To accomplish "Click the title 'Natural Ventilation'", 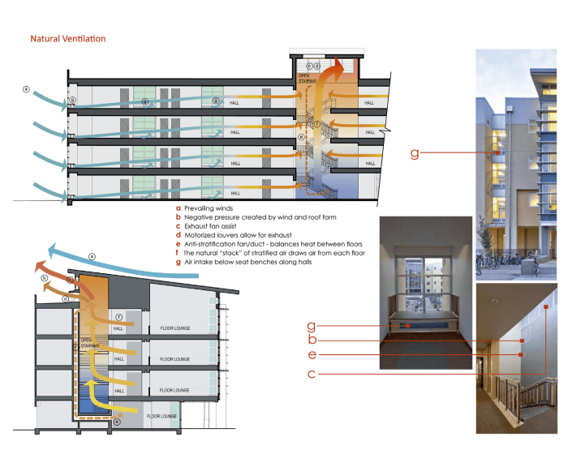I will [x=67, y=38].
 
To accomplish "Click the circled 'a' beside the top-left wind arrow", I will [x=27, y=89].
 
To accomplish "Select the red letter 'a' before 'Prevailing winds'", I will [x=178, y=208].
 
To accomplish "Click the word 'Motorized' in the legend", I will [x=203, y=235].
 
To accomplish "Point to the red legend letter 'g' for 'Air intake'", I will [x=178, y=262].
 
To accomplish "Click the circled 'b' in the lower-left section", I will [x=43, y=277].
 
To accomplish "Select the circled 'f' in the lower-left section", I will [x=118, y=316].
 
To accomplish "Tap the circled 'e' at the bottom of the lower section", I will [x=118, y=422].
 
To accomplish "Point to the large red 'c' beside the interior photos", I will [x=311, y=374].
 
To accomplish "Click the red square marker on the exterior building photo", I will [x=497, y=153].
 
